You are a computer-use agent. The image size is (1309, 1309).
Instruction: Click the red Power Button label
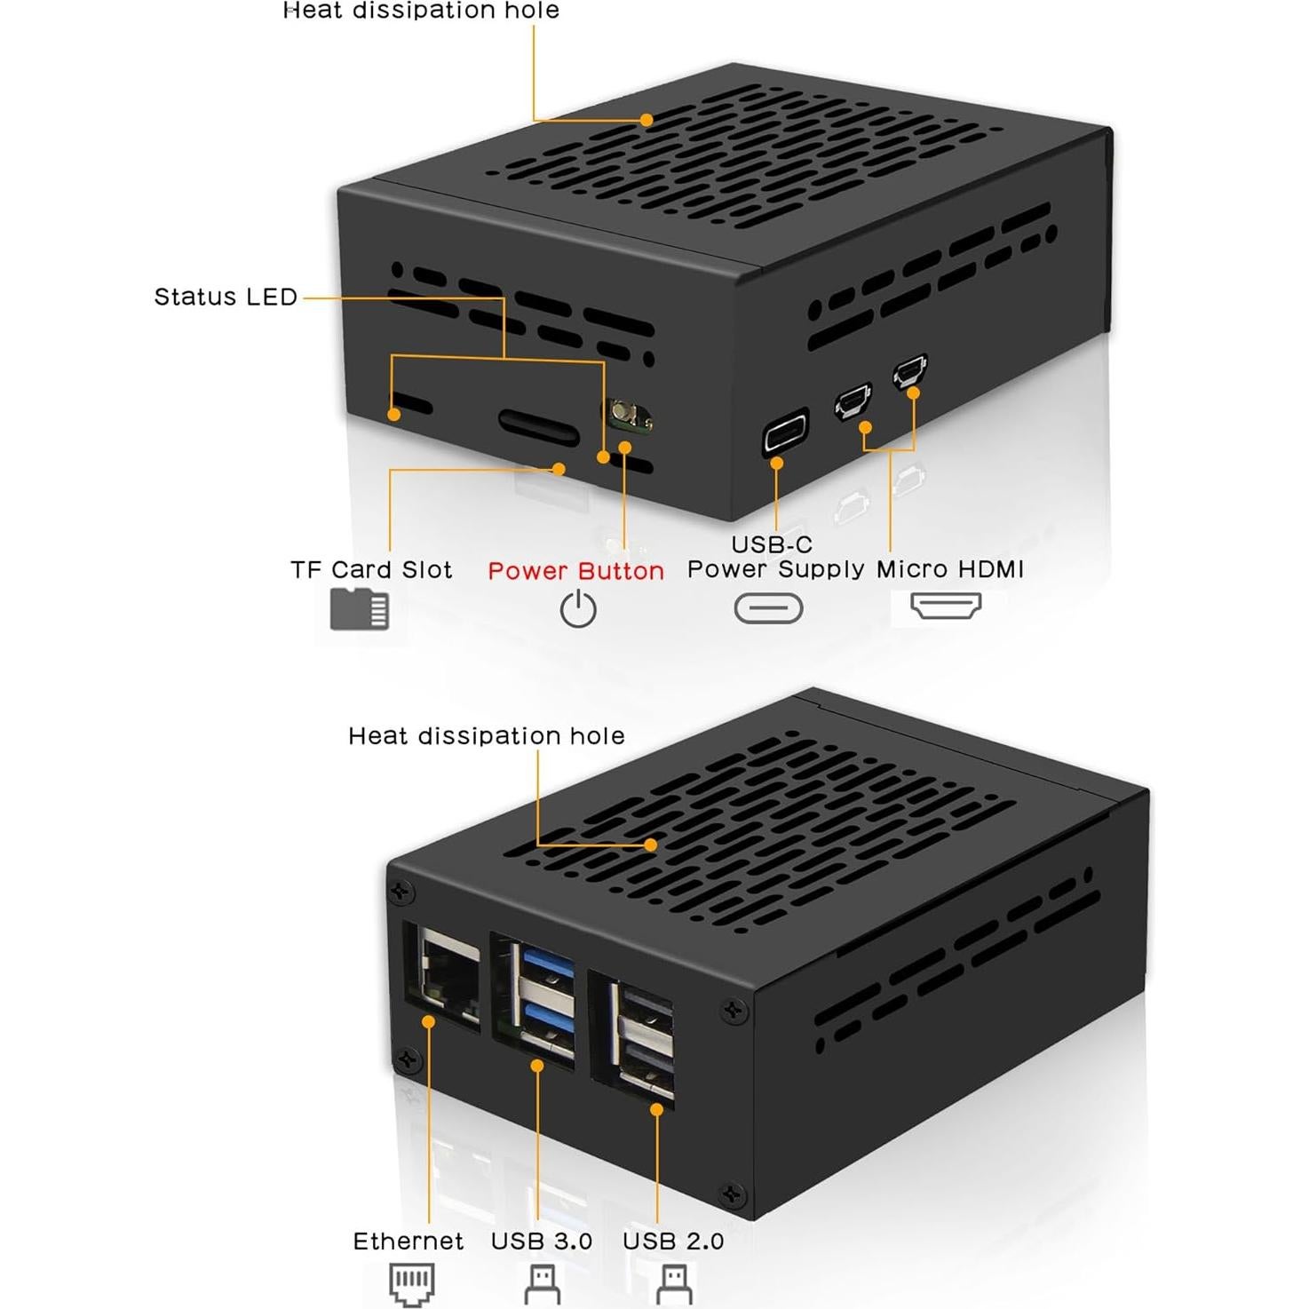pyautogui.click(x=575, y=570)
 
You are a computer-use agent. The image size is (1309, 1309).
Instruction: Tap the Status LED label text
pyautogui.click(x=226, y=297)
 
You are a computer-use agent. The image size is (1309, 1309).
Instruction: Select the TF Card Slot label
pyautogui.click(x=371, y=569)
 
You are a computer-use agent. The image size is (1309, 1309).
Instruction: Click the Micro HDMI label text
pyautogui.click(x=949, y=569)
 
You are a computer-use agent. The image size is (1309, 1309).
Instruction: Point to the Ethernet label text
pyautogui.click(x=408, y=1241)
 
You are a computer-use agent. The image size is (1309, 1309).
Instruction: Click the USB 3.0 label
pyautogui.click(x=542, y=1241)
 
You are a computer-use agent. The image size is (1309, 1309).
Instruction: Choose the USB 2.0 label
pyautogui.click(x=673, y=1241)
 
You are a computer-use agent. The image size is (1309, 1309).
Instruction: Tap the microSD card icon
pyautogui.click(x=360, y=609)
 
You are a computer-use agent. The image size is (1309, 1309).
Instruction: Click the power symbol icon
pyautogui.click(x=578, y=610)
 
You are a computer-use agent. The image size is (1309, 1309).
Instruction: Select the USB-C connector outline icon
pyautogui.click(x=768, y=608)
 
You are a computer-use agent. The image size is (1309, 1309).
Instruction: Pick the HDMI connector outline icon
pyautogui.click(x=946, y=606)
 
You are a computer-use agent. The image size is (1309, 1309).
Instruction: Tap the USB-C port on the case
pyautogui.click(x=786, y=433)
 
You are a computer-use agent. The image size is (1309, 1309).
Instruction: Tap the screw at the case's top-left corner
pyautogui.click(x=401, y=891)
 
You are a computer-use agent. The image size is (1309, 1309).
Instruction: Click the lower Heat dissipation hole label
pyautogui.click(x=486, y=735)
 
